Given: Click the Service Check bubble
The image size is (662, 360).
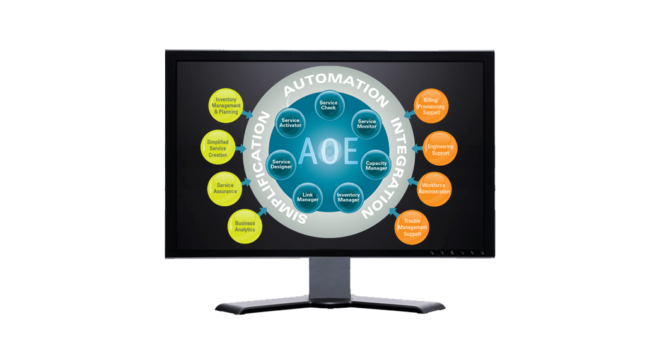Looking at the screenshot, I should pyautogui.click(x=328, y=105).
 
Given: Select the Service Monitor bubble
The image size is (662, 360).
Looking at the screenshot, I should pyautogui.click(x=366, y=124).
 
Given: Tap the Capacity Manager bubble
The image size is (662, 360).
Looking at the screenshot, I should pyautogui.click(x=376, y=165).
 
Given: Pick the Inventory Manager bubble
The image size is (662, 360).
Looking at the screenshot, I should pyautogui.click(x=348, y=197).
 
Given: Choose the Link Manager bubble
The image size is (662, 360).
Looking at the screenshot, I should pyautogui.click(x=308, y=197).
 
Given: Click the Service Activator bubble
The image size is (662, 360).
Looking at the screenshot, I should pyautogui.click(x=290, y=123).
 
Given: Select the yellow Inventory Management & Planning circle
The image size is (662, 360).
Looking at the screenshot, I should pyautogui.click(x=226, y=105).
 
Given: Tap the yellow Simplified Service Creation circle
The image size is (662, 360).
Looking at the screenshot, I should pyautogui.click(x=218, y=148).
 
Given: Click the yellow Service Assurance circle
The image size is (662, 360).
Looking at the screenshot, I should pyautogui.click(x=225, y=188).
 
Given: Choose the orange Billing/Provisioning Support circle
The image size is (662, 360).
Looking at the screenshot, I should pyautogui.click(x=431, y=105).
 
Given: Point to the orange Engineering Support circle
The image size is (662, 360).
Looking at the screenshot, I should pyautogui.click(x=440, y=149).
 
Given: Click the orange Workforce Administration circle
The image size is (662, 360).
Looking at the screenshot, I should pyautogui.click(x=435, y=189).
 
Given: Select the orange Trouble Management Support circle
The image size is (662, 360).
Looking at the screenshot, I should pyautogui.click(x=412, y=226).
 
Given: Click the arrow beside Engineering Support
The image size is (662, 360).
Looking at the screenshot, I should pyautogui.click(x=418, y=149).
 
